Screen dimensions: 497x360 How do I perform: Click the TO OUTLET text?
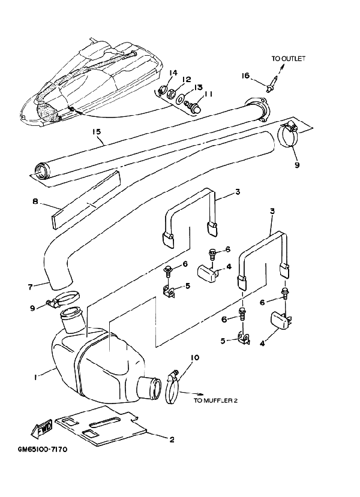click(288, 59)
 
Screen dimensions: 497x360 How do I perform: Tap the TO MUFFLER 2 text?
click(216, 401)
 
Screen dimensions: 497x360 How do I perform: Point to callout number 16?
click(245, 76)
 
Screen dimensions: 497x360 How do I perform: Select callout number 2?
click(172, 439)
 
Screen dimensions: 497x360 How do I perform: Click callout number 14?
click(173, 73)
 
